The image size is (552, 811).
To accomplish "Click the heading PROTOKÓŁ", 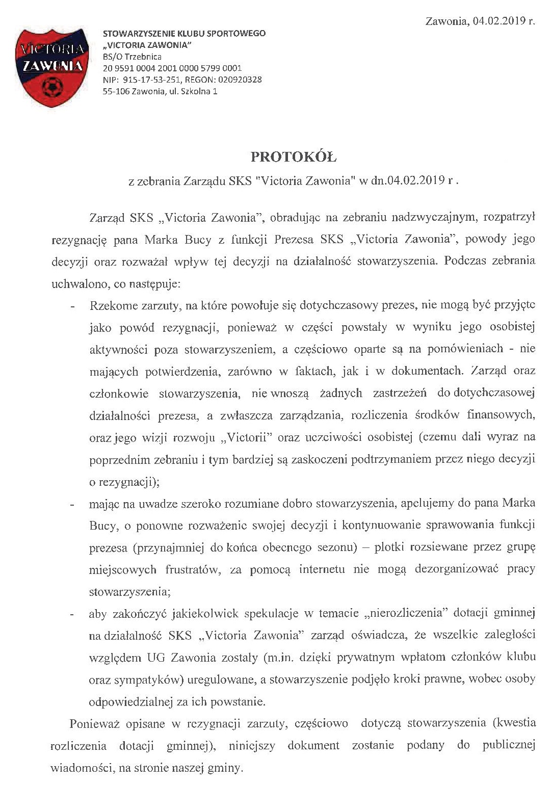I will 294,157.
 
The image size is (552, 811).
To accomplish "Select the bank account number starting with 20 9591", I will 172,68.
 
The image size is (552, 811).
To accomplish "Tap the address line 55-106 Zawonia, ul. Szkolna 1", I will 160,92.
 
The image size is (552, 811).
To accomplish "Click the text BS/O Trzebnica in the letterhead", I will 132,57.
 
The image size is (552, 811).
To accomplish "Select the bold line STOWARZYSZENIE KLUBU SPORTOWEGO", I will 184,34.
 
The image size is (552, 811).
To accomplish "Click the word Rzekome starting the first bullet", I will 114,306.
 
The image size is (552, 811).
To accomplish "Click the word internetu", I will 322,569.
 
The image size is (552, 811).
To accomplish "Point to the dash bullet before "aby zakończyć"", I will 73,614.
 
